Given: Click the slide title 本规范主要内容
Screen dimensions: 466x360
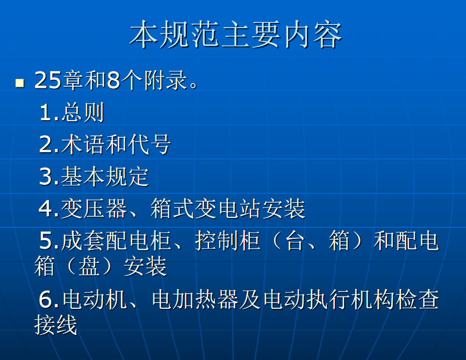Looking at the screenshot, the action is click(236, 34).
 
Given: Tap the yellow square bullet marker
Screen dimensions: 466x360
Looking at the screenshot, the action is click(20, 83).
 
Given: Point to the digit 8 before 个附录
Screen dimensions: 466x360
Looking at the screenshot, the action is click(113, 80).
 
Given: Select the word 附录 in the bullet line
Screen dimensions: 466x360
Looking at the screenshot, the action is click(166, 80).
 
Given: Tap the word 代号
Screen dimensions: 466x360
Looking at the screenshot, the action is click(149, 144).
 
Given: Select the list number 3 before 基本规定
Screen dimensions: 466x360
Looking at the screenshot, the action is click(46, 177).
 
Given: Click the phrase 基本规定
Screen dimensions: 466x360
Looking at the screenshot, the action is click(105, 177).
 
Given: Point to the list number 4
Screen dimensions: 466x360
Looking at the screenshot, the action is click(46, 208).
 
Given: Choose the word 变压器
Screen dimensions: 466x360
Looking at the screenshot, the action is click(94, 208).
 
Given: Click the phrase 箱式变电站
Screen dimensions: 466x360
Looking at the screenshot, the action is click(206, 208).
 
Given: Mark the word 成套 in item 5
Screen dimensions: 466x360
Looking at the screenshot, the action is click(83, 241).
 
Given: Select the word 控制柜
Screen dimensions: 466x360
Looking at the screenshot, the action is click(228, 241).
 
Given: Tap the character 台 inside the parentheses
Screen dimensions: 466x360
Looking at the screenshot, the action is click(295, 241).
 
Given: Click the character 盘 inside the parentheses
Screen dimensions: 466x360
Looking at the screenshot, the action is click(89, 266).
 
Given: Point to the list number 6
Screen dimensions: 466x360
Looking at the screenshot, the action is click(46, 299).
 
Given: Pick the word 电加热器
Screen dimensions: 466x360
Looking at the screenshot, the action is click(195, 299).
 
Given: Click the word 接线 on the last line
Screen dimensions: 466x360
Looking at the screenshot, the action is click(56, 325).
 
